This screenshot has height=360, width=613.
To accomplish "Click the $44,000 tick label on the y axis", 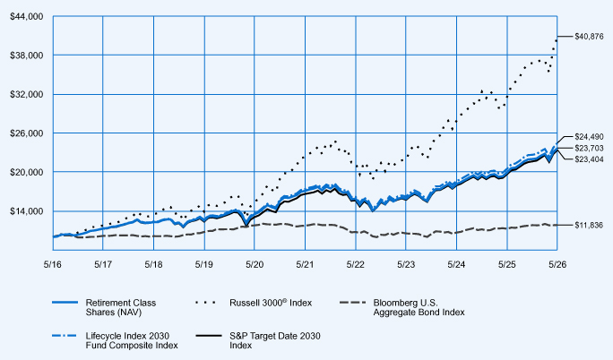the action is tap(26, 17).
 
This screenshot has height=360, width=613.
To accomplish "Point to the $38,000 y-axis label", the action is tap(26, 56).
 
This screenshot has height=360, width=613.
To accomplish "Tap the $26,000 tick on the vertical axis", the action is tap(26, 133).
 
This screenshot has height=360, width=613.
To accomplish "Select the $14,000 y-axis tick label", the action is tap(26, 211).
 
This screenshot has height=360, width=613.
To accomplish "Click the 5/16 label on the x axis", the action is tap(52, 264).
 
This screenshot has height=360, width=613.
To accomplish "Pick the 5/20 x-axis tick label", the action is tap(255, 264).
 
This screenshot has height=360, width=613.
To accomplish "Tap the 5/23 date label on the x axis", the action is tap(406, 264).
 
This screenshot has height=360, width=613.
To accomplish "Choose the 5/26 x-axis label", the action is tap(557, 264).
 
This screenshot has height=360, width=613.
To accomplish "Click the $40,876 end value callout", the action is tap(589, 37).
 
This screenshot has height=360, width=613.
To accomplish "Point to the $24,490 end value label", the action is tap(589, 137).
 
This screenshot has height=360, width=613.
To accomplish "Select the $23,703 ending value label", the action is tap(589, 148).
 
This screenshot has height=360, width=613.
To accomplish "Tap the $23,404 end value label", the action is tap(589, 159).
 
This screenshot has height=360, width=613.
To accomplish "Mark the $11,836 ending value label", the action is tap(589, 226).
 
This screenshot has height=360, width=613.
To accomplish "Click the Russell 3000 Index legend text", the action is tap(271, 303).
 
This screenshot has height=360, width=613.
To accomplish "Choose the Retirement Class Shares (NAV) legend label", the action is tap(121, 307).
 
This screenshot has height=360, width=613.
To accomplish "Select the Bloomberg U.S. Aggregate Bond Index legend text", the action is tap(419, 307).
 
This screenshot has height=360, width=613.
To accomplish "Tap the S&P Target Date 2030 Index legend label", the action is tap(275, 340).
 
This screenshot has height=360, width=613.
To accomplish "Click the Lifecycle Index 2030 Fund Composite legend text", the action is tap(132, 340).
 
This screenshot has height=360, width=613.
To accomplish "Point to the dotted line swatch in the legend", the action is tap(205, 302).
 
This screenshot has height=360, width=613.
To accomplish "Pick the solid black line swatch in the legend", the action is tap(209, 336).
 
